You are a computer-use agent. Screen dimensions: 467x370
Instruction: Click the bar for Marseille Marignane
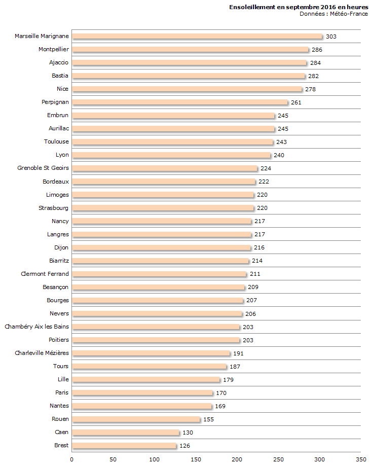tap(197, 36)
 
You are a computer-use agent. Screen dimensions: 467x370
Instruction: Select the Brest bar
tap(124, 446)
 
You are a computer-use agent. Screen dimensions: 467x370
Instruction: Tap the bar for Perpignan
tap(180, 102)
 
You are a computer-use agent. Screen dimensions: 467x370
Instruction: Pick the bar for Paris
tap(142, 393)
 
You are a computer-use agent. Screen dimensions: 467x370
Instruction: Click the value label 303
tap(331, 37)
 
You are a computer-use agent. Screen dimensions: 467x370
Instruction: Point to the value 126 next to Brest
tap(184, 446)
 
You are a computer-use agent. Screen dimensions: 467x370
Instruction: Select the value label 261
tap(296, 102)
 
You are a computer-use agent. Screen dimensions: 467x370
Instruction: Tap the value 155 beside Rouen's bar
tap(208, 419)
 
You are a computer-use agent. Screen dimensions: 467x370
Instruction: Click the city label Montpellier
tap(54, 49)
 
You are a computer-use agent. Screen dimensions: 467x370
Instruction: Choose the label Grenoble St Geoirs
tap(43, 168)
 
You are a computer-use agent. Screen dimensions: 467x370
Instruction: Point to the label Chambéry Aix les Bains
tap(37, 327)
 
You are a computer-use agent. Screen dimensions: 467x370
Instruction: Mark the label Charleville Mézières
tap(42, 353)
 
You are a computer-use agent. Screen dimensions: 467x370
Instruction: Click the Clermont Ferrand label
tap(45, 274)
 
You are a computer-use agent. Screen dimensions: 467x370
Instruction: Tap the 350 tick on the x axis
tap(360, 459)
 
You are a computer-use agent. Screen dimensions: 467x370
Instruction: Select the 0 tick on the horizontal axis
tap(72, 459)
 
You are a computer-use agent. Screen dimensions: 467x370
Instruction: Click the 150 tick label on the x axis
tap(196, 459)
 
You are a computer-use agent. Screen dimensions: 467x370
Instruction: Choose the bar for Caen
tap(126, 433)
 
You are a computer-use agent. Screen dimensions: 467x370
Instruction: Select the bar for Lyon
tap(171, 155)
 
